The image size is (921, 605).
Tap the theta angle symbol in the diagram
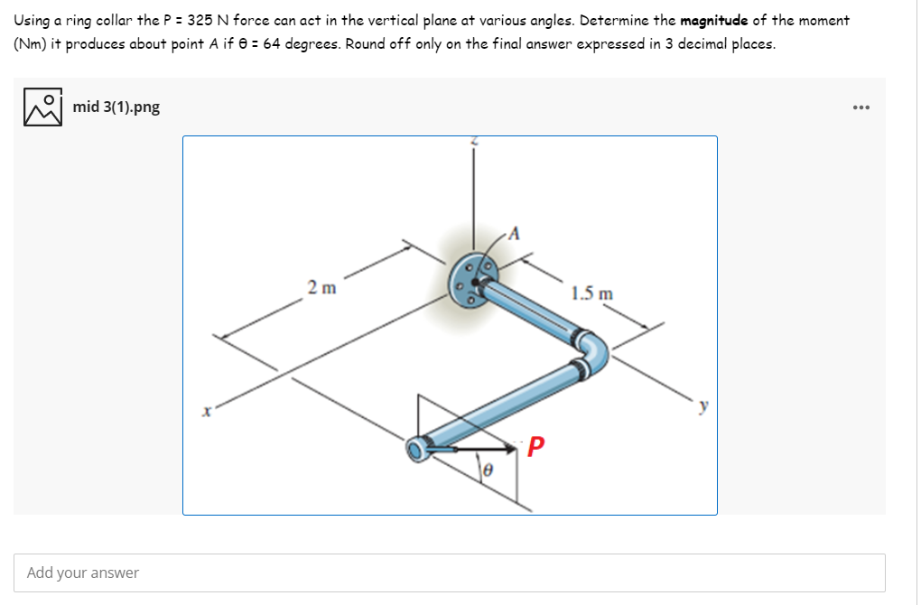click(488, 470)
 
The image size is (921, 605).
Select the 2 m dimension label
click(321, 289)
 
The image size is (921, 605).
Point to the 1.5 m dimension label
click(592, 293)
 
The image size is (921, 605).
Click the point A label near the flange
click(515, 233)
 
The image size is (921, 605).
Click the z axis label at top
click(475, 142)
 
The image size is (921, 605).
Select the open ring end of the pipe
click(419, 448)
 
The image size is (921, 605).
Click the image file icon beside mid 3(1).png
click(42, 107)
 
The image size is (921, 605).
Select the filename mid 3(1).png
click(116, 107)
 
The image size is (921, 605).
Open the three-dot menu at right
click(861, 107)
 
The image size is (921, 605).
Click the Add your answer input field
click(449, 572)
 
